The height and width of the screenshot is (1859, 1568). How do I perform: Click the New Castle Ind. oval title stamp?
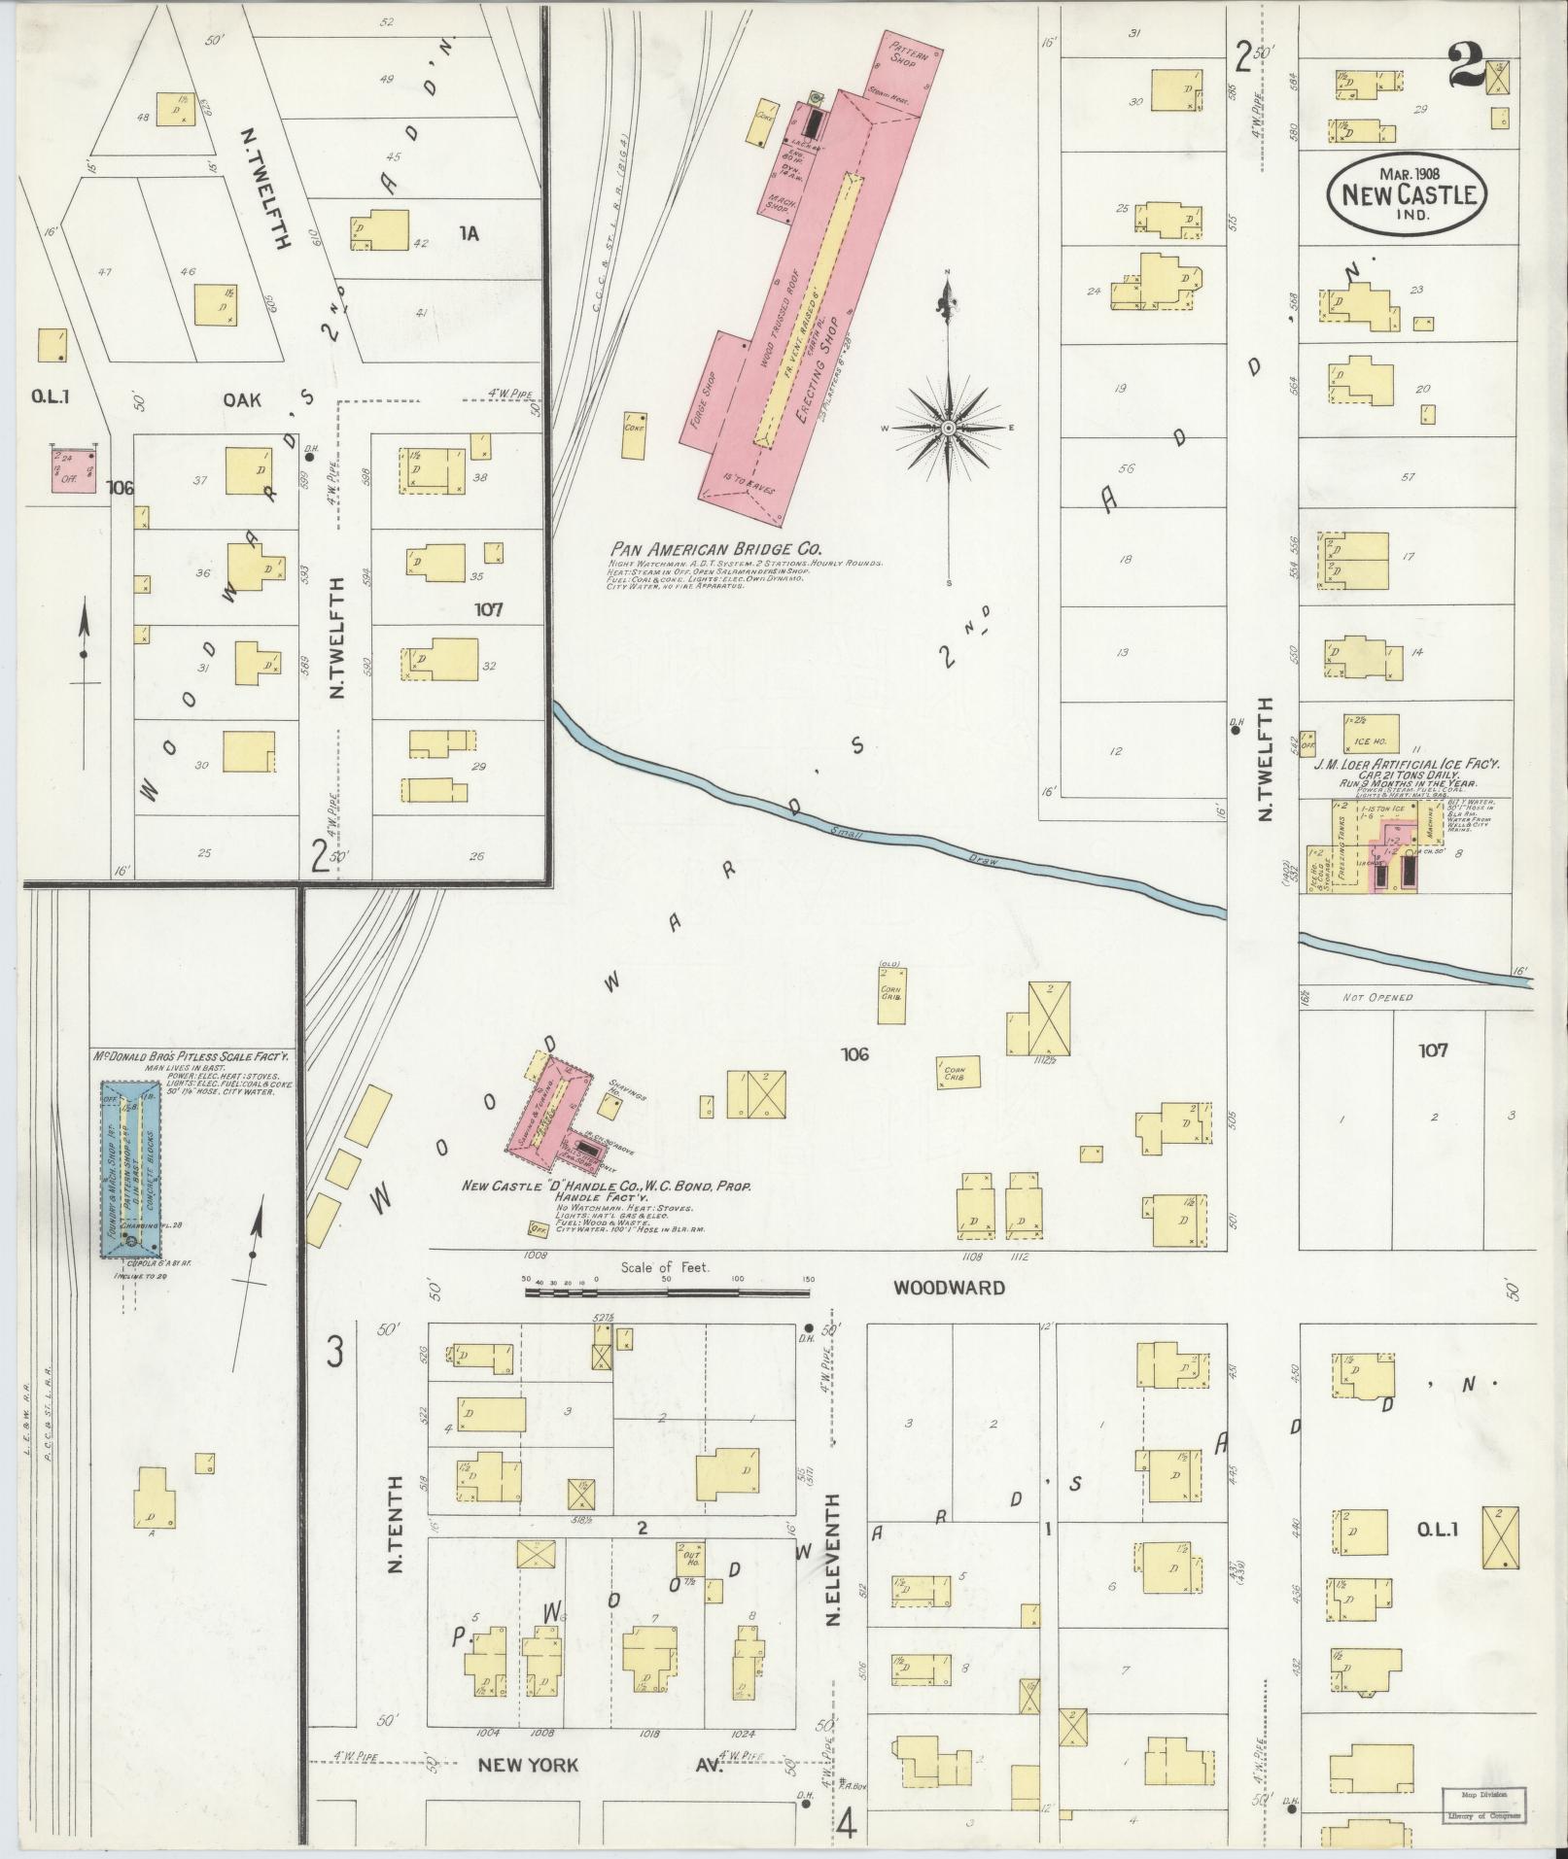coord(1408,194)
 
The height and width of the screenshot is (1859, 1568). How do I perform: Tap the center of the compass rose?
coord(948,428)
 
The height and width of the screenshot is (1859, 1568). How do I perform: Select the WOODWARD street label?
coord(949,1288)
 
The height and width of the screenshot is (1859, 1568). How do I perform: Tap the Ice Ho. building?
coord(1371,735)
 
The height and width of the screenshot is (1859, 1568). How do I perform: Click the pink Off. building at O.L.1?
coord(74,468)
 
